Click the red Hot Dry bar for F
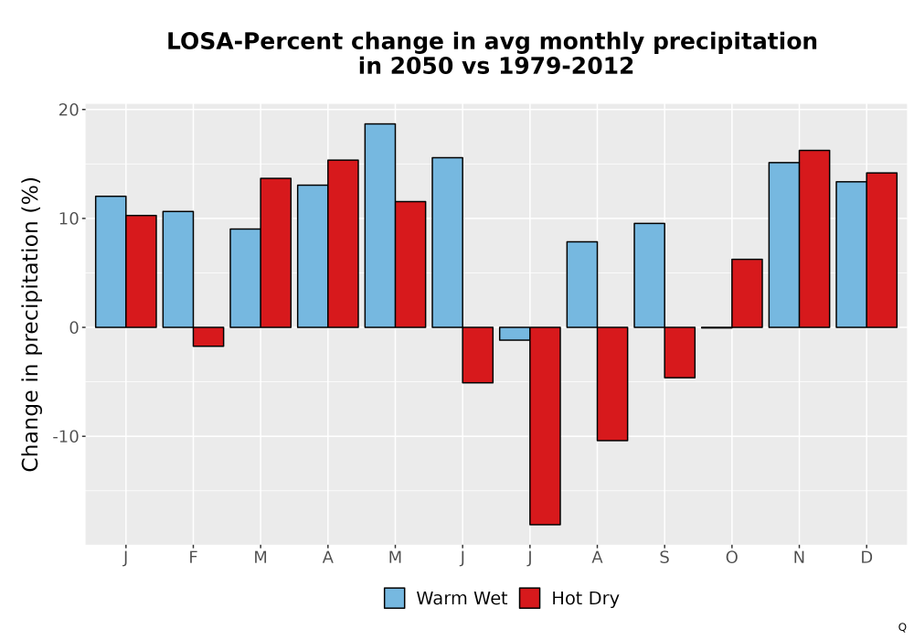[x=208, y=336]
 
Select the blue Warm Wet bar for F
[x=178, y=270]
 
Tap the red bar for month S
[x=680, y=353]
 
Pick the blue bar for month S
[x=649, y=275]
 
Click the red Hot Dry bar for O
[x=747, y=293]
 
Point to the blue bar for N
[x=784, y=245]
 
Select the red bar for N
[x=814, y=239]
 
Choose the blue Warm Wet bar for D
[x=851, y=255]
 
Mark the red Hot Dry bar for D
[x=881, y=250]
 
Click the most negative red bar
[x=545, y=426]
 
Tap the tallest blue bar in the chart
[x=380, y=226]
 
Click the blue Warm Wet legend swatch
[x=395, y=598]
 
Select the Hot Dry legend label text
[x=585, y=598]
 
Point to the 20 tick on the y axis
[x=69, y=110]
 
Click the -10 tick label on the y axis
[x=65, y=436]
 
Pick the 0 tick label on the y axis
[x=74, y=327]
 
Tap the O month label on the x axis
[x=731, y=558]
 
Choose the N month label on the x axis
[x=799, y=558]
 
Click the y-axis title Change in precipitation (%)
[x=30, y=324]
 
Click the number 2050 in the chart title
[x=420, y=66]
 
